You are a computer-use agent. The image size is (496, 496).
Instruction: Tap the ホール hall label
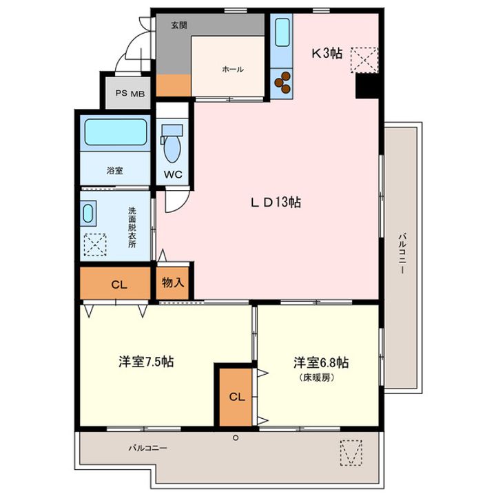click(232, 69)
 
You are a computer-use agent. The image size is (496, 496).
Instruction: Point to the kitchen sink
click(282, 33)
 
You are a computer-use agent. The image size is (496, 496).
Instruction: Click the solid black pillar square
click(366, 85)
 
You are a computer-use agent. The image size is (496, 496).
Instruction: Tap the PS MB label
click(130, 94)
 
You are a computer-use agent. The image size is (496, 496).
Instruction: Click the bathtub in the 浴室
click(115, 132)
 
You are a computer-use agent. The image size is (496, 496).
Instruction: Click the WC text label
click(172, 174)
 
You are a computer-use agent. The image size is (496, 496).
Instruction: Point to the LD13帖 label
click(275, 203)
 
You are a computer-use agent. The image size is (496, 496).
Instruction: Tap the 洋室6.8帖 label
click(321, 362)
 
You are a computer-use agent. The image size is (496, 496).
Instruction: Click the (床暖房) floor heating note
click(317, 378)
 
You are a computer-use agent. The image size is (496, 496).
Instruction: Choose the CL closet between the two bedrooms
click(236, 397)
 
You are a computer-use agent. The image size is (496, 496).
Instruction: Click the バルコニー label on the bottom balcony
click(148, 448)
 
